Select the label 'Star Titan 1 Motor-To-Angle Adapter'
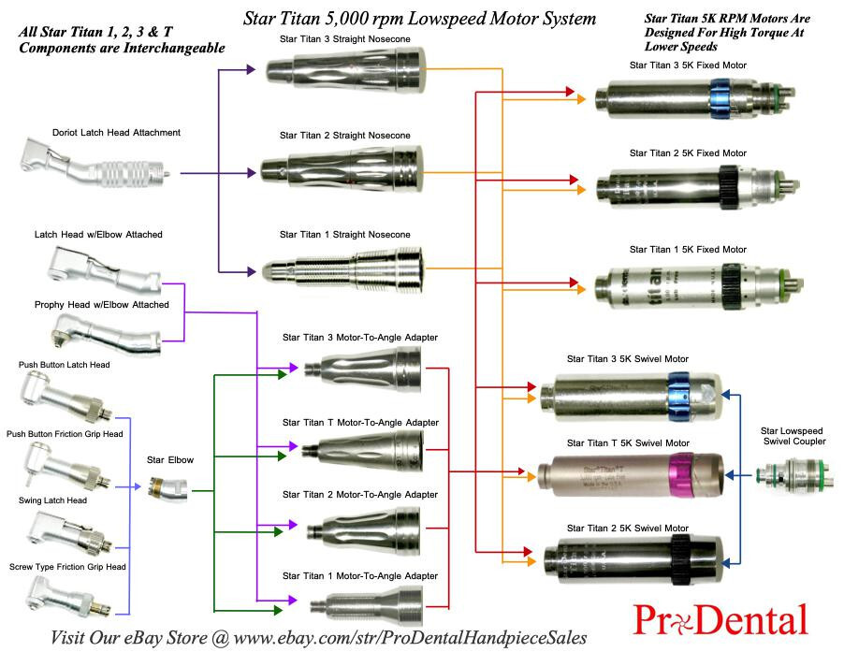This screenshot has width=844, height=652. click(x=360, y=575)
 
